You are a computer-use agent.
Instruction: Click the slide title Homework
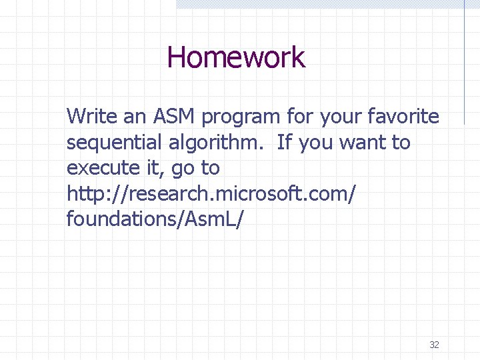click(x=236, y=57)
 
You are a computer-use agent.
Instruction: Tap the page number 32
click(x=434, y=345)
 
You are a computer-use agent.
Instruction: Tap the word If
click(x=284, y=143)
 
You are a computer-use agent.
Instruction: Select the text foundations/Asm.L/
click(x=155, y=219)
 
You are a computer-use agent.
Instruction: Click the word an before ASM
click(x=136, y=118)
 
